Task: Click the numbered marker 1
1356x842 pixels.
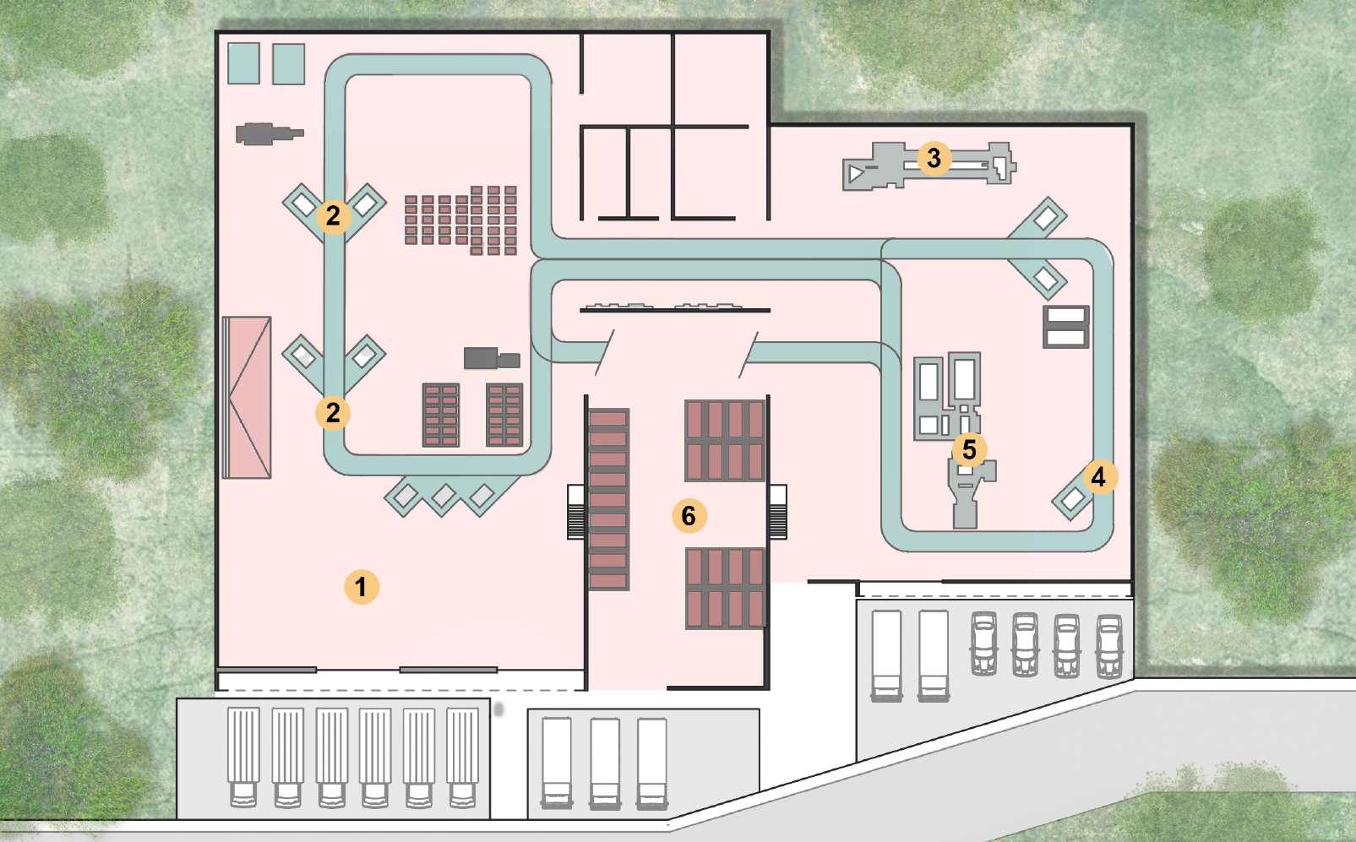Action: point(362,587)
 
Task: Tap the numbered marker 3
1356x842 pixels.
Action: point(934,158)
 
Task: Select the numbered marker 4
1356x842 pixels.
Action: point(1098,478)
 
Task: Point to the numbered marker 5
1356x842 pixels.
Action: point(969,450)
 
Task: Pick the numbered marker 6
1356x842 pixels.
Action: point(689,516)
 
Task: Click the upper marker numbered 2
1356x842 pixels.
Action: point(333,216)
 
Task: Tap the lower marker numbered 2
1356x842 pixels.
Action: point(333,413)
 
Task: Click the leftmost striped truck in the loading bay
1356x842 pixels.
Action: point(243,758)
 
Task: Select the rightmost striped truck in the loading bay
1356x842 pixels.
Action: point(462,758)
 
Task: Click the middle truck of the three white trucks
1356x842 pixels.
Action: point(605,763)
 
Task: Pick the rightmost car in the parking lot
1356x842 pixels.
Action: point(1109,646)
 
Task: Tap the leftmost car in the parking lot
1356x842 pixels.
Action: point(983,644)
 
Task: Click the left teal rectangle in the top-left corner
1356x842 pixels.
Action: point(243,63)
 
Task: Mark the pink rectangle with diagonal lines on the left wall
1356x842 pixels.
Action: point(247,397)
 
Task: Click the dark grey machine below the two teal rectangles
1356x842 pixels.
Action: point(269,133)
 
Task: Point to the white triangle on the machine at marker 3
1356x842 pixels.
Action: point(855,174)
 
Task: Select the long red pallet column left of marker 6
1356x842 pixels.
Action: point(607,499)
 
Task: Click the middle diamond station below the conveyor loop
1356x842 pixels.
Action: point(444,497)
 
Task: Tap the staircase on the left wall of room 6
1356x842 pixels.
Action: point(575,512)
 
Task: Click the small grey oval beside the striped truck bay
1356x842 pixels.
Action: point(498,709)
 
